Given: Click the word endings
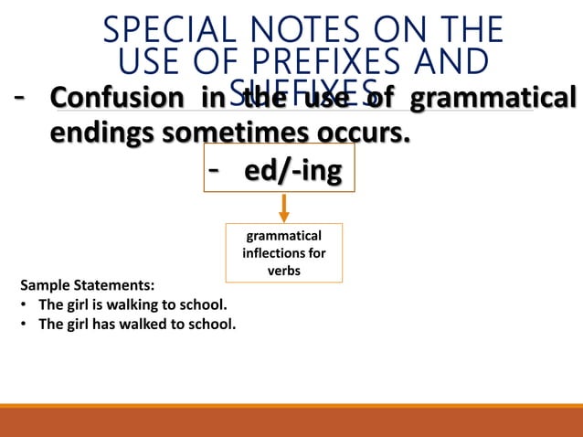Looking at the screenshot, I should [102, 133].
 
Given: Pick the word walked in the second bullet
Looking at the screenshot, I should [140, 323].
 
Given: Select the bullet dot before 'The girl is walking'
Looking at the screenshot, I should [23, 304].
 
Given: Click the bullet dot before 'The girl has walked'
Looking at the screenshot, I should [23, 323].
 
